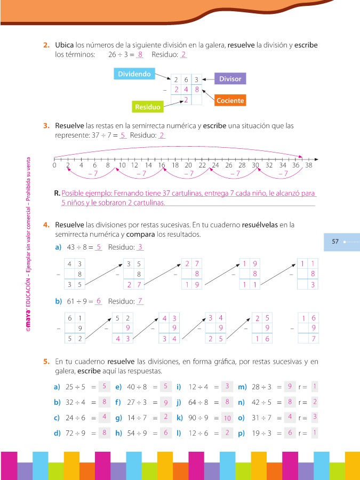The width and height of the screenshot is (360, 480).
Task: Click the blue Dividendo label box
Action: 134,74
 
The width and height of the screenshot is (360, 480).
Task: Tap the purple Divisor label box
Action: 230,79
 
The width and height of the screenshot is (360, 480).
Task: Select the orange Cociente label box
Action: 230,100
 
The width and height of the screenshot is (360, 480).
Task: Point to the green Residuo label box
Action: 148,107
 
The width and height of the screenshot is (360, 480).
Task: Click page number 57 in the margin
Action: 335,242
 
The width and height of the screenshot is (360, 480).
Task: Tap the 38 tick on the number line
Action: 308,165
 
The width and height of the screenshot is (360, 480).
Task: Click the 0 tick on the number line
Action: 54,165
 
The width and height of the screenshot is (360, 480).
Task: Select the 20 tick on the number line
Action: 188,165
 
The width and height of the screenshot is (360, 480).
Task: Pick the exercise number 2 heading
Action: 47,45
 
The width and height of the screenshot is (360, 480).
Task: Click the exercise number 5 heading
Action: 47,362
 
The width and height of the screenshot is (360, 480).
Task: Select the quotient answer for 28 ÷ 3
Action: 288,386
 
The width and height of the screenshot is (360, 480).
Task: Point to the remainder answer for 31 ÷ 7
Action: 315,417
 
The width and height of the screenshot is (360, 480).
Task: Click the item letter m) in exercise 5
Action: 242,386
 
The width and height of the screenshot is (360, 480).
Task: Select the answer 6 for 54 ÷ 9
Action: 166,433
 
